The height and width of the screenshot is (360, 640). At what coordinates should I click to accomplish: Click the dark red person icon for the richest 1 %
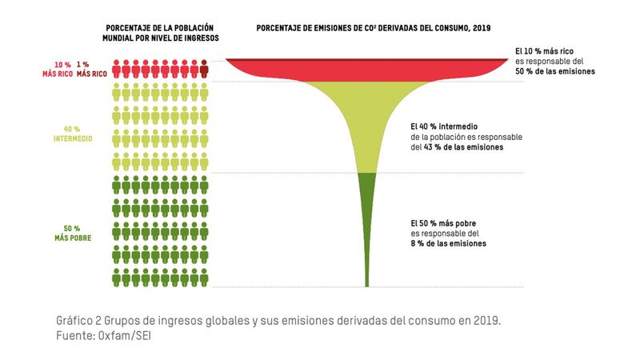click(205, 67)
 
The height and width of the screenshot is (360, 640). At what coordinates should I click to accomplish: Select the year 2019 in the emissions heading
click(478, 29)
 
